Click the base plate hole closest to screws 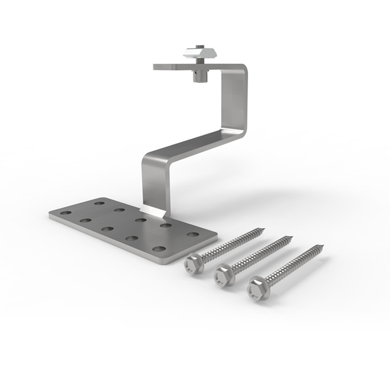158,249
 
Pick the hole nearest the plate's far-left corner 66,213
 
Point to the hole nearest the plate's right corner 193,234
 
